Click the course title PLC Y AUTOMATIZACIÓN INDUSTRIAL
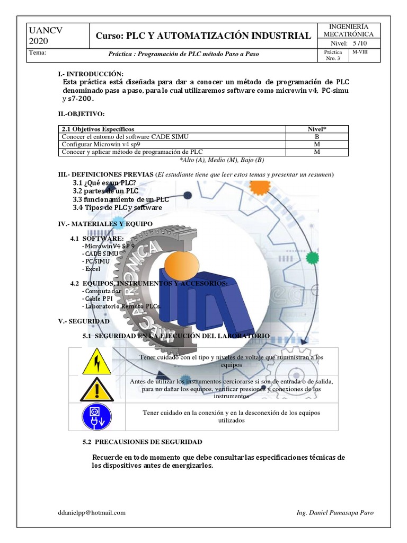coord(203,36)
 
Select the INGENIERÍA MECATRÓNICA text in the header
coord(348,31)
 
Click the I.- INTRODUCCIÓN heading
coord(91,74)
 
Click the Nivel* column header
coord(317,129)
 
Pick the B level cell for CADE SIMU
coord(317,136)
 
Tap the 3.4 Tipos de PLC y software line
coord(118,208)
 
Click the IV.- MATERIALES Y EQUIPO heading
coord(104,224)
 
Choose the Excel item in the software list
coord(92,269)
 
